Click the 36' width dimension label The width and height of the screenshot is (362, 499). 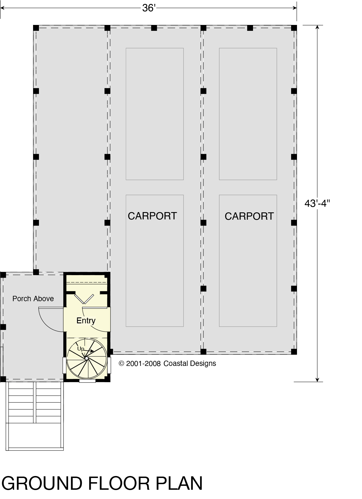click(149, 8)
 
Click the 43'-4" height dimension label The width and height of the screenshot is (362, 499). click(317, 203)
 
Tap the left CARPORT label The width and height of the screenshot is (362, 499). click(152, 216)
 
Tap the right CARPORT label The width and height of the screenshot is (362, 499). click(249, 216)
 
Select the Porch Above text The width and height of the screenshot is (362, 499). click(33, 299)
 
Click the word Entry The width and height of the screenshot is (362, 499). click(86, 321)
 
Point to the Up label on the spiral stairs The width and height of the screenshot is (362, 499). click(80, 349)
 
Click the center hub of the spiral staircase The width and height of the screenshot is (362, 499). click(87, 358)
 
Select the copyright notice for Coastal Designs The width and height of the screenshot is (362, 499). click(168, 363)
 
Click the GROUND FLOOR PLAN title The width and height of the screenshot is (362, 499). click(102, 483)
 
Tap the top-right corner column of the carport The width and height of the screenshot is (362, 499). click(294, 28)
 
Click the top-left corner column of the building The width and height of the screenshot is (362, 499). click(36, 28)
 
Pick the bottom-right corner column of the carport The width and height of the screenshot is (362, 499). click(294, 351)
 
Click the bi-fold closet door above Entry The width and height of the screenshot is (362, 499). click(84, 299)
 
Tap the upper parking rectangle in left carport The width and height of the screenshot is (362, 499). click(155, 114)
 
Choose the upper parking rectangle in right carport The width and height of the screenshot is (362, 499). click(248, 114)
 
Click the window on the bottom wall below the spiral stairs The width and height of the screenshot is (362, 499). click(87, 381)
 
